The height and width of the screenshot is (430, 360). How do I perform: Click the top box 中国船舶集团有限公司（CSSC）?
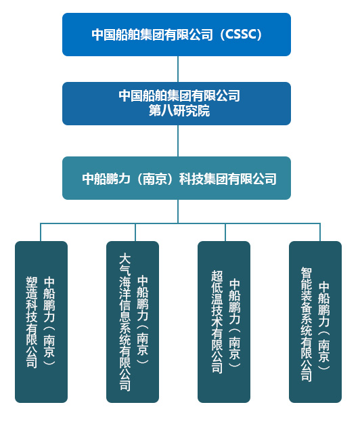(177, 34)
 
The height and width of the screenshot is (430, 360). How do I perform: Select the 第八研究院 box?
(177, 103)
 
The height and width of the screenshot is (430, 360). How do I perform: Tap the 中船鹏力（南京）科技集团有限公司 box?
(177, 178)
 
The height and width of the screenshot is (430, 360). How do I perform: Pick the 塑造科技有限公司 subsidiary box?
(41, 322)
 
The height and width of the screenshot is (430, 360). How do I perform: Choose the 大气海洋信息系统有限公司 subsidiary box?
(133, 322)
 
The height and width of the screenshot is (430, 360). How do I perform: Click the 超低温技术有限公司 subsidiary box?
(224, 322)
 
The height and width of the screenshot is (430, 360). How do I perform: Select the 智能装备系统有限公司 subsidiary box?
(315, 322)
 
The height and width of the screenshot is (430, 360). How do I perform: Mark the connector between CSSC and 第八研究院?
(178, 69)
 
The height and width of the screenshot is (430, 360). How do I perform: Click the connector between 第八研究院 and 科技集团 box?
(178, 141)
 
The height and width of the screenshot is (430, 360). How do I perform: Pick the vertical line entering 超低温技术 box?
(223, 232)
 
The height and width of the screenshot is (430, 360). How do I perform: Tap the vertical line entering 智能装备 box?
(315, 232)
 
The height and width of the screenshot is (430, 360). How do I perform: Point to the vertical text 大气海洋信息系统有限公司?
(125, 322)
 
